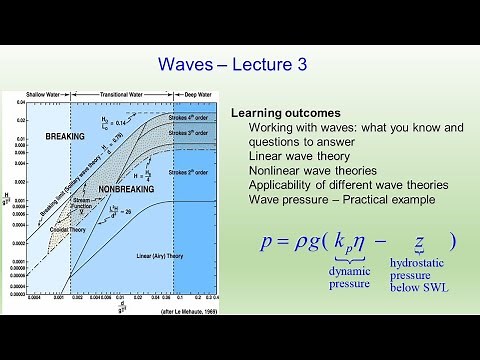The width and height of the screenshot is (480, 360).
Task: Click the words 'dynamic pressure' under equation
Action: click(349, 275)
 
